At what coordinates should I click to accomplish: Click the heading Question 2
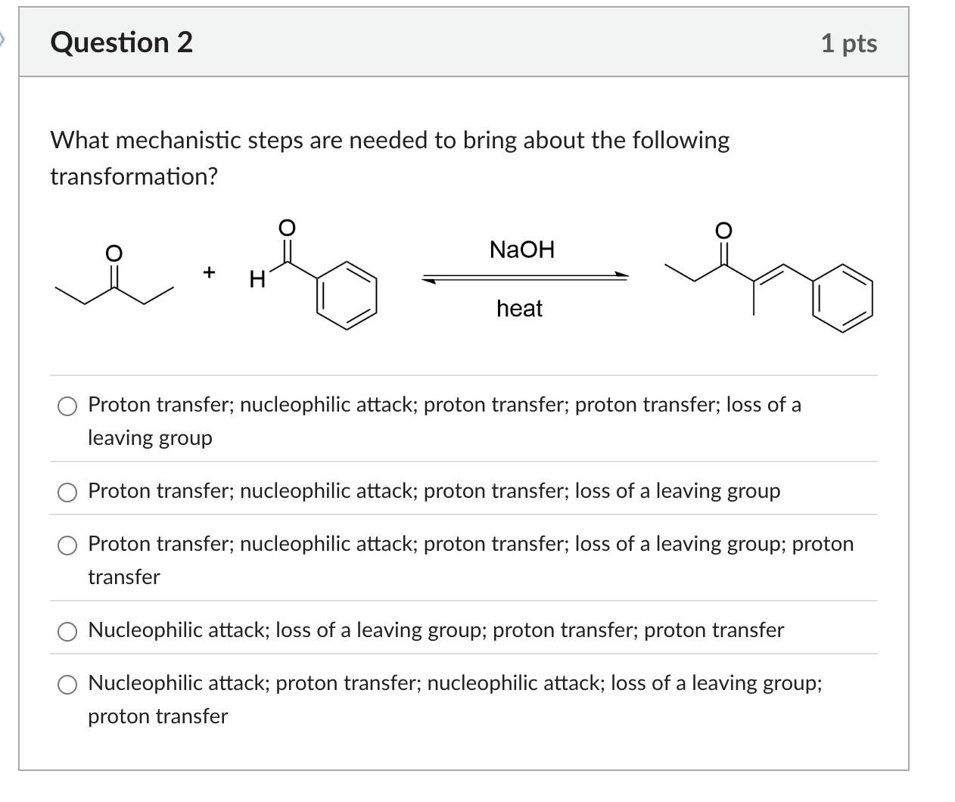click(121, 42)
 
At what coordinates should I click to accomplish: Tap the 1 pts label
click(848, 43)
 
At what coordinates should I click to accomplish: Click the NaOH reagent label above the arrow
click(521, 249)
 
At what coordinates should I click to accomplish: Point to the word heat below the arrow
click(519, 309)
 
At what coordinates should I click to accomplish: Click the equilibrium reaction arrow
click(525, 278)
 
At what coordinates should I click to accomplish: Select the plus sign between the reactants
click(210, 271)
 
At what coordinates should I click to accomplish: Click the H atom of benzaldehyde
click(257, 280)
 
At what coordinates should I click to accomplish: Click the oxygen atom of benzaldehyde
click(286, 227)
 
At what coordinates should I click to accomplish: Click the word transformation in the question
click(133, 176)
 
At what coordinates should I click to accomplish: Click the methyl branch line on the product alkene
click(753, 299)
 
